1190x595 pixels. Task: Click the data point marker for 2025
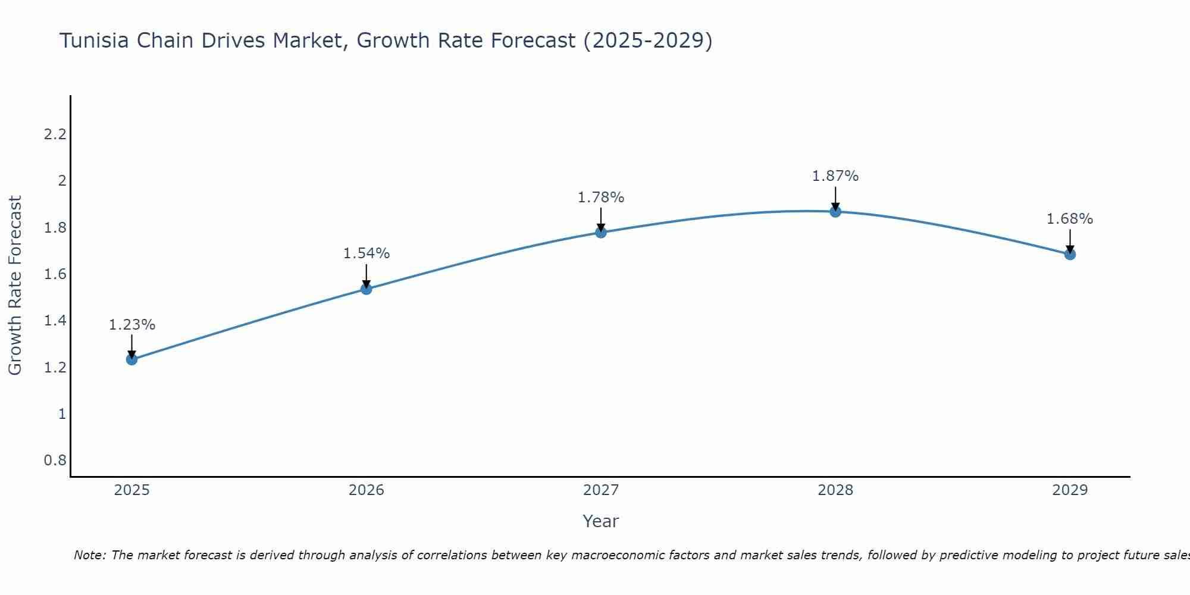click(x=132, y=359)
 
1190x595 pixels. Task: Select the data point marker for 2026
click(x=367, y=289)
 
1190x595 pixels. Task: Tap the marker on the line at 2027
click(x=601, y=233)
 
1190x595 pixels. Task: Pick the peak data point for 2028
click(x=835, y=212)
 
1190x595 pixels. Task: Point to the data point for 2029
click(x=1070, y=255)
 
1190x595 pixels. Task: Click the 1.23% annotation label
click(x=132, y=325)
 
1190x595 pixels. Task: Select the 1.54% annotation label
click(x=367, y=253)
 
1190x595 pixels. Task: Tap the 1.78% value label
click(x=601, y=198)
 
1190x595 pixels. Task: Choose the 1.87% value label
click(x=835, y=176)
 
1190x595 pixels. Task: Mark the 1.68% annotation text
click(x=1070, y=219)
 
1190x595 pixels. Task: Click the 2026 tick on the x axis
click(x=367, y=490)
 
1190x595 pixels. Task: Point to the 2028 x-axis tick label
click(x=835, y=490)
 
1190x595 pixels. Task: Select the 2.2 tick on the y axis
click(x=55, y=134)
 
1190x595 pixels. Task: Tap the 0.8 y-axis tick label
click(x=55, y=461)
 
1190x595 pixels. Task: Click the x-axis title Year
click(x=601, y=521)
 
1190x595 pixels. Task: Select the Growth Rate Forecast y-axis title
click(x=15, y=286)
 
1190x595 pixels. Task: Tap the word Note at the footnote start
click(x=89, y=555)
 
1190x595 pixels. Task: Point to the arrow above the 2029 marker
click(x=1070, y=241)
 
